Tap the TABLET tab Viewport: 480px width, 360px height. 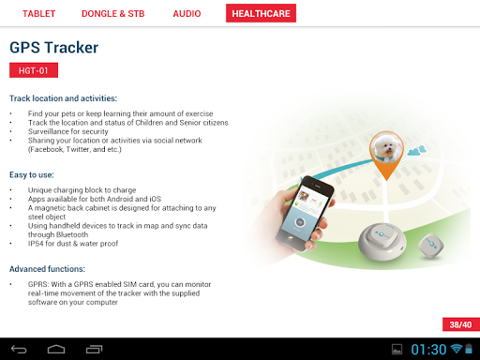click(38, 14)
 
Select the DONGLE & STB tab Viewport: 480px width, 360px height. click(113, 14)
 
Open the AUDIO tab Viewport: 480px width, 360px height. click(187, 14)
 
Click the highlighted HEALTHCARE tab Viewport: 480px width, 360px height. click(261, 13)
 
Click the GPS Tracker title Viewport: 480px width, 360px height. click(53, 48)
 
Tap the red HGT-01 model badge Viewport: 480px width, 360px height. click(34, 70)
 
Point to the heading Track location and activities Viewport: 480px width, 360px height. click(63, 98)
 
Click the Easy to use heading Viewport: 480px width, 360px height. click(32, 174)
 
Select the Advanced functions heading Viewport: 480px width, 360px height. click(47, 269)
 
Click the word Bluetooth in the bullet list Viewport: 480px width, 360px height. click(73, 234)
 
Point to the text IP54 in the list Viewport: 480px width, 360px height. click(36, 244)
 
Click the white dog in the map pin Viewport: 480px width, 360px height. click(386, 148)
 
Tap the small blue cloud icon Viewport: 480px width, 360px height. click(417, 151)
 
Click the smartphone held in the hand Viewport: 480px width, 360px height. click(305, 213)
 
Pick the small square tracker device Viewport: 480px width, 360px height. click(431, 246)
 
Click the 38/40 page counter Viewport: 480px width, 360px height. click(461, 324)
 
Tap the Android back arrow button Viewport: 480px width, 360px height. click(19, 349)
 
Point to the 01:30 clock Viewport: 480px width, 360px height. click(428, 350)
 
